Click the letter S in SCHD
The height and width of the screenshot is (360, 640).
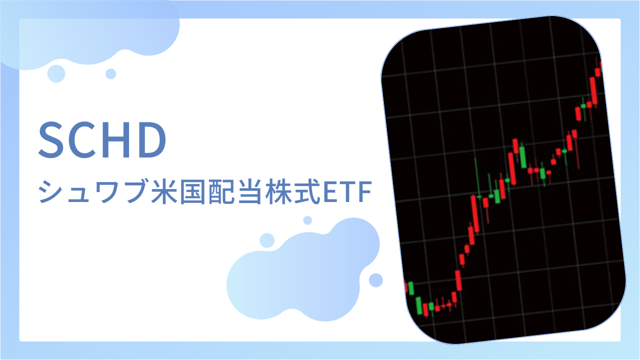[x=51, y=139]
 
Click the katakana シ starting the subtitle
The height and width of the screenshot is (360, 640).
[x=51, y=191]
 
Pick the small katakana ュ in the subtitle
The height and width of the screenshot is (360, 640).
[x=78, y=195]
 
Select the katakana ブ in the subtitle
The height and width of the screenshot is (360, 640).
[x=135, y=191]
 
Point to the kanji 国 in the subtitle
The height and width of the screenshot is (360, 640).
[x=192, y=191]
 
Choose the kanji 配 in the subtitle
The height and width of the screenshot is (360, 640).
[x=221, y=191]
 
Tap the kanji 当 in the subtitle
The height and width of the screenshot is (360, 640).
[x=249, y=191]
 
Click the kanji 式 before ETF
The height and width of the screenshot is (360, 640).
[x=307, y=191]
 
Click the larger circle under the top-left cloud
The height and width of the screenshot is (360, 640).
[x=56, y=73]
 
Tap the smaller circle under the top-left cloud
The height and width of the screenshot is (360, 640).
[x=111, y=74]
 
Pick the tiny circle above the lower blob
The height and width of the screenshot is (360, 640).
[x=307, y=220]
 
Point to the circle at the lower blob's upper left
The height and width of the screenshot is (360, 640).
[x=267, y=240]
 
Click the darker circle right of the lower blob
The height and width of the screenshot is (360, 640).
[x=376, y=280]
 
